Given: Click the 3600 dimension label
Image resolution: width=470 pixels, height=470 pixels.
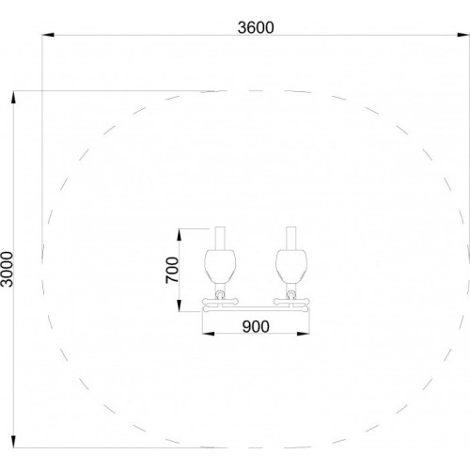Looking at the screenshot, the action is [x=256, y=27].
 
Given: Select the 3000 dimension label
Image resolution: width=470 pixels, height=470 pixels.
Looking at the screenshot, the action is [x=7, y=269].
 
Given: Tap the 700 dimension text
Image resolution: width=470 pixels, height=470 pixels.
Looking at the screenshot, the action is [x=172, y=270].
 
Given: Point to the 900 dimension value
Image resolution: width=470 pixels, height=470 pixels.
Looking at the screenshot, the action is [x=256, y=327].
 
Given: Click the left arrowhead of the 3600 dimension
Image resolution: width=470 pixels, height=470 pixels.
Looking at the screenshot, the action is [x=48, y=35].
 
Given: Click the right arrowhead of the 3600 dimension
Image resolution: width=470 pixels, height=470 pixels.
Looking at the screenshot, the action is [x=463, y=35].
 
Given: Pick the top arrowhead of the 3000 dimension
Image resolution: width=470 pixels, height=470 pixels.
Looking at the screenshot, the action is [x=13, y=97].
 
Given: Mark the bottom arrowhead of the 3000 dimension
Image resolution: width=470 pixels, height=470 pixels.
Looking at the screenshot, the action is [x=13, y=442].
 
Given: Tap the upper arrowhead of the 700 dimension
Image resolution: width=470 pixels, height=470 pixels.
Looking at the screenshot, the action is [x=180, y=235].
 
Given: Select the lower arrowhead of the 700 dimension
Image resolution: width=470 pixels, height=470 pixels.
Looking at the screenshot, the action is [x=180, y=305].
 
